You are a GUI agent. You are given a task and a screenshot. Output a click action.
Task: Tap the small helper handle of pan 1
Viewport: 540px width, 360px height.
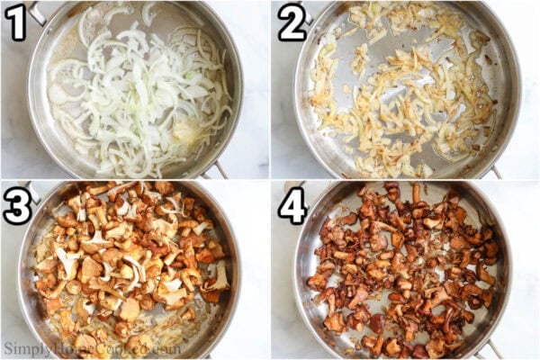click(x=217, y=169)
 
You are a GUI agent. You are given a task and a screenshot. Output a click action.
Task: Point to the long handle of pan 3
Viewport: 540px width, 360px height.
click(x=33, y=190)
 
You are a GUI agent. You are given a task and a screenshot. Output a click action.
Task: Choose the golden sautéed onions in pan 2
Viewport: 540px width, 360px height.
click(x=405, y=90)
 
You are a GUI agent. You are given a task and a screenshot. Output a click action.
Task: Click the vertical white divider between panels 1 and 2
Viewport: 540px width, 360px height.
click(x=270, y=90)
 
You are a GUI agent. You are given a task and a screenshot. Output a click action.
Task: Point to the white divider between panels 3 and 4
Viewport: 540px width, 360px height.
click(x=270, y=270)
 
